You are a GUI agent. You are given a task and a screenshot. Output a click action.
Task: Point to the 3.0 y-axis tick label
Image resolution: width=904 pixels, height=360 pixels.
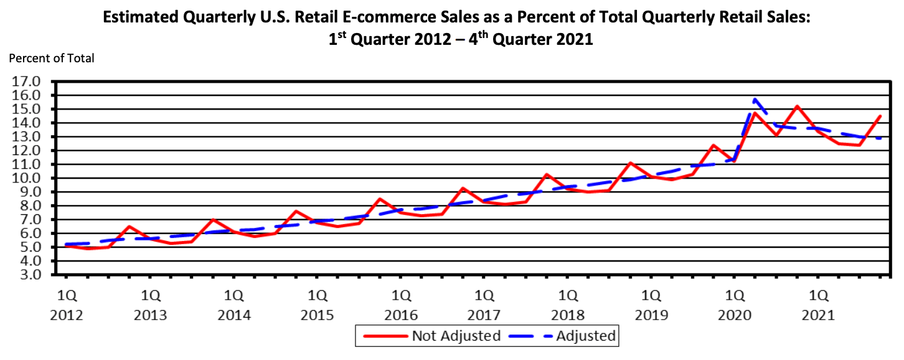(x=29, y=275)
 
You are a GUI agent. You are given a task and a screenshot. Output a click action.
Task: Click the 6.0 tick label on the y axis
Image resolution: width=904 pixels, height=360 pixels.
(x=29, y=234)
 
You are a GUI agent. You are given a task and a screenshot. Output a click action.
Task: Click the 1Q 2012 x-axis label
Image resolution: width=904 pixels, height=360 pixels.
(x=67, y=303)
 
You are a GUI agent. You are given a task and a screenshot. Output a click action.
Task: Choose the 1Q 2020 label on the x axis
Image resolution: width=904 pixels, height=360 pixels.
(x=735, y=303)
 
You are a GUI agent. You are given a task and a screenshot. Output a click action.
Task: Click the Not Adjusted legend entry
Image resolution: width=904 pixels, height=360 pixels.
(x=456, y=336)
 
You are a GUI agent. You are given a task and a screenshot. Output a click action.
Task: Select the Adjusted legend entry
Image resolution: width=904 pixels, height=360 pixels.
(x=585, y=336)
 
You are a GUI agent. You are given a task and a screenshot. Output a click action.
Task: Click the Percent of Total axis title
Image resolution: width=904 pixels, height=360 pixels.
(x=51, y=58)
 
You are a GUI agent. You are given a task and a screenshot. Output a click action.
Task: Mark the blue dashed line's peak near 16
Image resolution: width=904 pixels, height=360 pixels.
(x=755, y=99)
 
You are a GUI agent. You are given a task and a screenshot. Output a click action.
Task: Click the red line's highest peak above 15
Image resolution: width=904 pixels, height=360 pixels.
(x=798, y=107)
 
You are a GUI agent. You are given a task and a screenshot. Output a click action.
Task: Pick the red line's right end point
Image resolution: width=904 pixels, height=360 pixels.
(x=881, y=115)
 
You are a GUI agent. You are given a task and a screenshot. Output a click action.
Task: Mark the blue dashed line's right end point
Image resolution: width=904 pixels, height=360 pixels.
(x=881, y=138)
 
